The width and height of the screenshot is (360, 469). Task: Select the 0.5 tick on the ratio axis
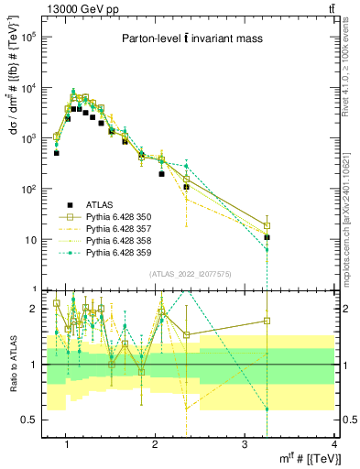point(29,420)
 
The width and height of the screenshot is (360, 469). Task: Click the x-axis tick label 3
point(245,445)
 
